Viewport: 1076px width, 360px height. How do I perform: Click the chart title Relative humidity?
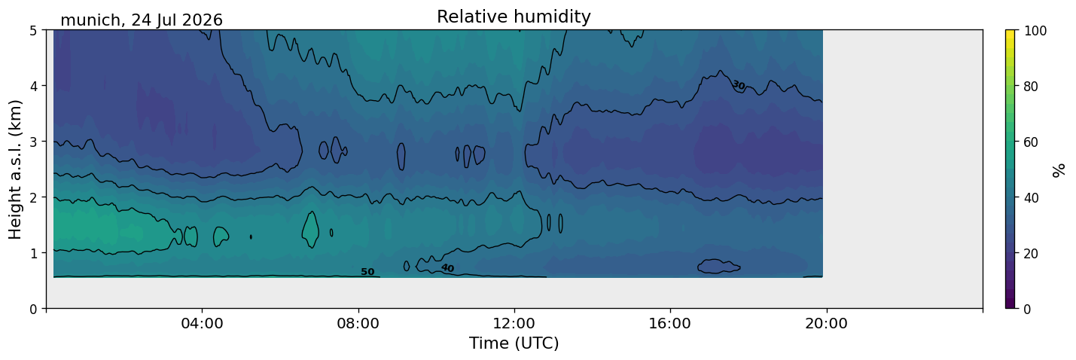[514, 17]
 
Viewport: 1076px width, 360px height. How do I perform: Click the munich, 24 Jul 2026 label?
[142, 20]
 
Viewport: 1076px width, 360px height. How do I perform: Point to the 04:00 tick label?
[202, 323]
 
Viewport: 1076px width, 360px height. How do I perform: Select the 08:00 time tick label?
[358, 323]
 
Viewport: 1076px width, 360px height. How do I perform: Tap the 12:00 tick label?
[514, 323]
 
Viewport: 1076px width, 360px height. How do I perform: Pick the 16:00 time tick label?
[670, 323]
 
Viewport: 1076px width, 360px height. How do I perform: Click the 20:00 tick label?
[826, 323]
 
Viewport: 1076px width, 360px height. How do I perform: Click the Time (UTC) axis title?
[514, 343]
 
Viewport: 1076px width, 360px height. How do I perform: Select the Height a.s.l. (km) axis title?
[15, 169]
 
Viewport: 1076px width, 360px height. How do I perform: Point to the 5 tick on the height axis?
[33, 31]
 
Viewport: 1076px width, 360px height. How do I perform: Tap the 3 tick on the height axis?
[33, 142]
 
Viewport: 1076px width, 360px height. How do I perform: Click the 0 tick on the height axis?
[33, 309]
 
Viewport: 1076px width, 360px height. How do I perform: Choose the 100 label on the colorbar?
[1035, 31]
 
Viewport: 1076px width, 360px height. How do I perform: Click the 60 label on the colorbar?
[1031, 142]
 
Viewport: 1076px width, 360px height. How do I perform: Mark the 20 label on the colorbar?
[1031, 253]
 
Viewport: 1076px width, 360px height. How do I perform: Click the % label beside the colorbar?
[1059, 170]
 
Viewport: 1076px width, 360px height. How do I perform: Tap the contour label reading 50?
[367, 272]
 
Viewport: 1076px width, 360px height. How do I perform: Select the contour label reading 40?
[448, 267]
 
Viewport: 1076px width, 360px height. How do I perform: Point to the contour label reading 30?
[739, 85]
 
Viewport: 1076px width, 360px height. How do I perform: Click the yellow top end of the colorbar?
[1010, 32]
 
